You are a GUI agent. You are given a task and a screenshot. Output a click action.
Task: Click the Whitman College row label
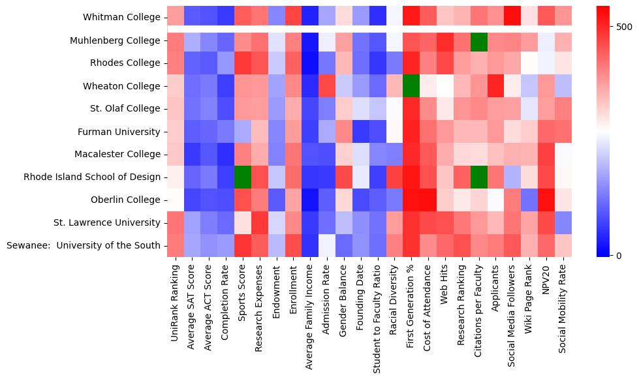[121, 18]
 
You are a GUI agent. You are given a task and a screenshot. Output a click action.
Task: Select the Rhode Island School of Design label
[92, 177]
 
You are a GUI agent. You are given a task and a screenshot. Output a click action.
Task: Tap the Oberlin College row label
[125, 200]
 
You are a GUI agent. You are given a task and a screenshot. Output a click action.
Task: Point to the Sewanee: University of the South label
[83, 245]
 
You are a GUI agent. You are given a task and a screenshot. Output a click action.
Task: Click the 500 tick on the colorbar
[625, 27]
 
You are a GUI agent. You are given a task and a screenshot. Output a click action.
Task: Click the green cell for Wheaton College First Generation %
[411, 85]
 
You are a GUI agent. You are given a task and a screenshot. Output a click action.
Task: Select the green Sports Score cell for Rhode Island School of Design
[243, 177]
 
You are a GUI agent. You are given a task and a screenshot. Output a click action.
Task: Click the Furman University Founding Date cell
[361, 131]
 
